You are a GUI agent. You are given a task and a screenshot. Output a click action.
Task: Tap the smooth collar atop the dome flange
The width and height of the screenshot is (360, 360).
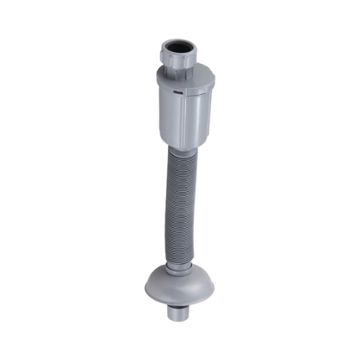(x=177, y=269)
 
